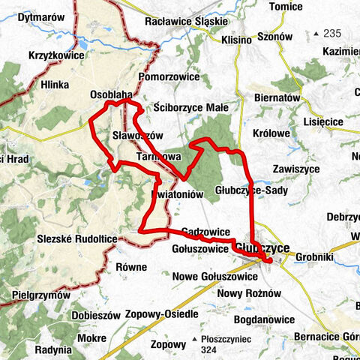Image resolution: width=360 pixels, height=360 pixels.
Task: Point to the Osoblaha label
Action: pos(111,95)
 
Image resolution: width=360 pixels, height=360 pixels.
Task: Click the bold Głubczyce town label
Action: pos(259,247)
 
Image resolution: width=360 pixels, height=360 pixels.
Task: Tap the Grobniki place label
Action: pos(313,256)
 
